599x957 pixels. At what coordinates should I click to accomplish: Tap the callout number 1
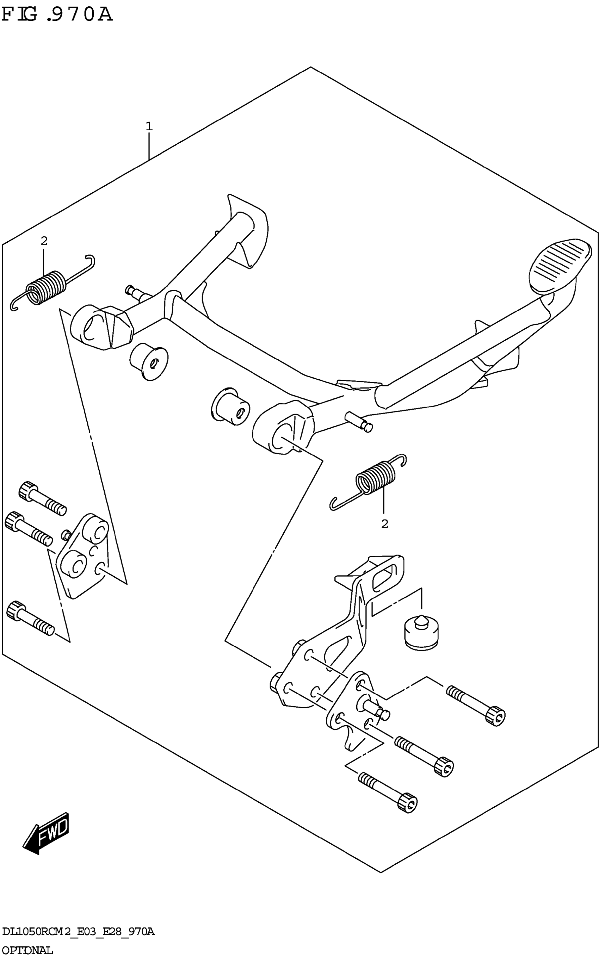[149, 127]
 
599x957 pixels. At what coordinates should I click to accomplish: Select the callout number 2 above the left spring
[44, 240]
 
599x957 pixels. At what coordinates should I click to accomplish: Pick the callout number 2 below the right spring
[384, 524]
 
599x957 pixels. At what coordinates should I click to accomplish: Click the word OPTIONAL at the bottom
[27, 950]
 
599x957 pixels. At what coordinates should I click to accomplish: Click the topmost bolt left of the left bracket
[42, 498]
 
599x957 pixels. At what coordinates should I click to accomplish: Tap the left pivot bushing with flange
[149, 361]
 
